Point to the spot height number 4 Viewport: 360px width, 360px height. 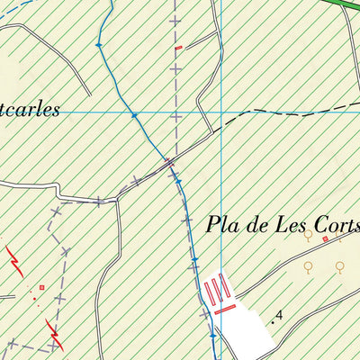coord(280,315)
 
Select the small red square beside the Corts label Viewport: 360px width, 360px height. coord(325,239)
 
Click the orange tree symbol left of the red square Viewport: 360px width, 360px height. coord(308,235)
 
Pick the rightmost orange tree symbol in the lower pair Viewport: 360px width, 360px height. coord(340,266)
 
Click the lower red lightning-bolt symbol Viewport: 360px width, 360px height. coord(56,337)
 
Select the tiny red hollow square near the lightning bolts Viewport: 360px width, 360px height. coord(41,287)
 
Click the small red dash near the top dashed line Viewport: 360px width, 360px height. coord(178,47)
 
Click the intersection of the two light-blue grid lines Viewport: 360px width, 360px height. coord(221,112)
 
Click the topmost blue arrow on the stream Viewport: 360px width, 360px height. coord(98,43)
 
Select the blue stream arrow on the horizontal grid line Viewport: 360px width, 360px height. coord(134,114)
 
